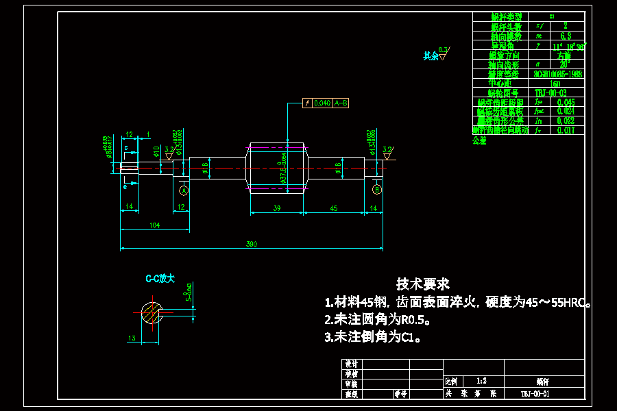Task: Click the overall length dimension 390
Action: [252, 245]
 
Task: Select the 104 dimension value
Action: [155, 225]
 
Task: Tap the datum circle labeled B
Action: [376, 188]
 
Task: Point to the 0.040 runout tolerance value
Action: [322, 103]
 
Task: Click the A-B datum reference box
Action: [341, 103]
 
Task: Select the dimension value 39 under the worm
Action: [276, 208]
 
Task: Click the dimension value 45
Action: [333, 208]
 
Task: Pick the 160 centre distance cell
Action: [556, 84]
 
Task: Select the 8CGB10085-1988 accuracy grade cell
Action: [557, 74]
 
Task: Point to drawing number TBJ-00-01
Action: [535, 394]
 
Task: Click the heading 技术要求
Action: [422, 284]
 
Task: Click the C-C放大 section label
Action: [160, 279]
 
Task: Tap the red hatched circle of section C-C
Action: [152, 312]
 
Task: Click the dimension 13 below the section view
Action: [132, 338]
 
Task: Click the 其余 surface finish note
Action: [431, 56]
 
